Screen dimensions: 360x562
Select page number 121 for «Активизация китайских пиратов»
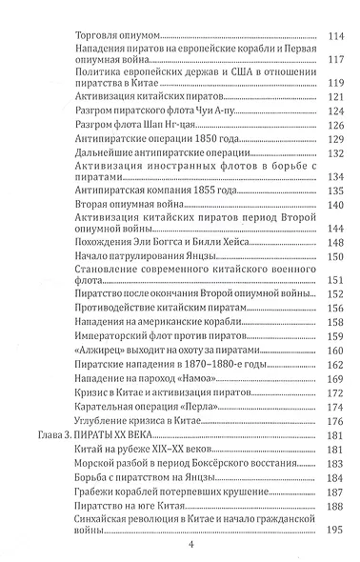[x=334, y=98]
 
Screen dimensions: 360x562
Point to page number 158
[x=334, y=352]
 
